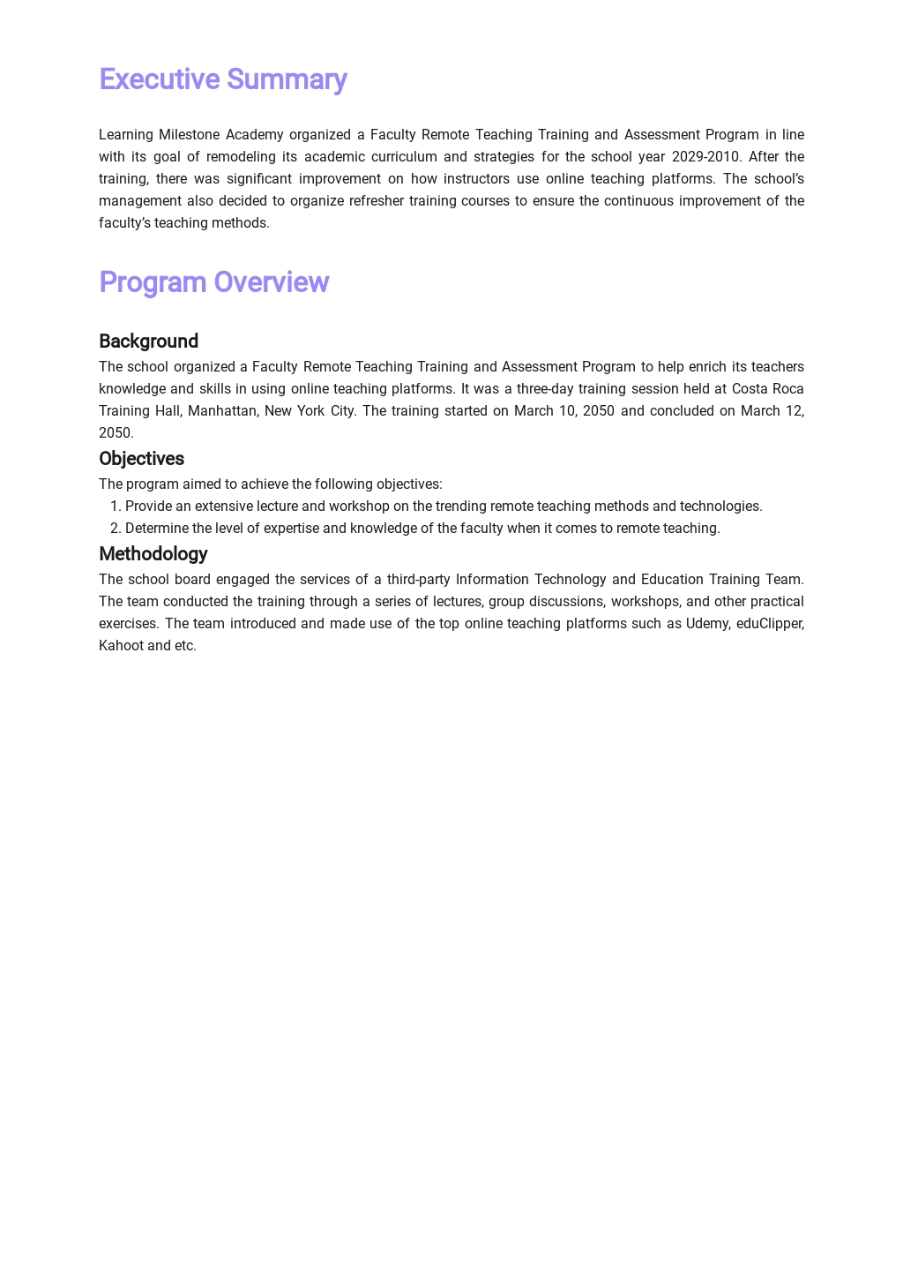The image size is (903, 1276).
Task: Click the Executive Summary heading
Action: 222,79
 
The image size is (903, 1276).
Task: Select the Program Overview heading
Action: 213,282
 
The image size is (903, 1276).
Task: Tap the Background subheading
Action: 148,342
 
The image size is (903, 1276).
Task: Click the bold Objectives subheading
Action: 141,459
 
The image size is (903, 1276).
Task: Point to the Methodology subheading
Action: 153,554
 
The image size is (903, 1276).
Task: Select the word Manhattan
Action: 222,411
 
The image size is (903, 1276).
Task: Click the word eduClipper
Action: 770,624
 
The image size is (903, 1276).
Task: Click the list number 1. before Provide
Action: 115,507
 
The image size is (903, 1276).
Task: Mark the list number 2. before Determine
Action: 115,529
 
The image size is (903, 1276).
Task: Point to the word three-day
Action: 544,389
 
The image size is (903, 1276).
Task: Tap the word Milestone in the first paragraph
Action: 189,135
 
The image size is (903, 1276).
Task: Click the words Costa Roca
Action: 767,389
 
